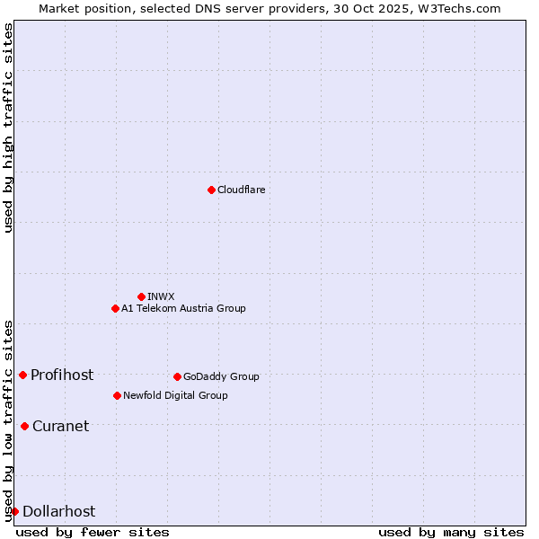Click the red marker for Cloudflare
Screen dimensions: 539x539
click(211, 190)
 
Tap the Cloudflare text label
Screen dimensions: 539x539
click(241, 190)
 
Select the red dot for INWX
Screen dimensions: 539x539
click(141, 296)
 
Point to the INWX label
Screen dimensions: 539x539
click(161, 296)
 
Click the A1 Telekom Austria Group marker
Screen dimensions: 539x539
click(115, 308)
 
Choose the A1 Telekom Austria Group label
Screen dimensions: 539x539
click(183, 308)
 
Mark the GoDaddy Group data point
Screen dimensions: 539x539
click(177, 376)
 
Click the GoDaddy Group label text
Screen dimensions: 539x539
click(221, 376)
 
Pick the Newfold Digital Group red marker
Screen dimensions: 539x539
click(117, 395)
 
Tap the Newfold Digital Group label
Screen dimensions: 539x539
click(175, 395)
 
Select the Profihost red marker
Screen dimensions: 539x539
click(22, 375)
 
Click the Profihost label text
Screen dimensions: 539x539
click(62, 375)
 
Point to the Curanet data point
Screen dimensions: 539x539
click(24, 426)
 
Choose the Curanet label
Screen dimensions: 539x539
click(60, 426)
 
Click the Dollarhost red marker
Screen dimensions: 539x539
click(14, 511)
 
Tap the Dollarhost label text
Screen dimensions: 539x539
click(58, 511)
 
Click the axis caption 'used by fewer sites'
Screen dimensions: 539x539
click(93, 532)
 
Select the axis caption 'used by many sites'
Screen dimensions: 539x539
click(451, 532)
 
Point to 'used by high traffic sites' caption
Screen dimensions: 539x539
click(8, 128)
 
